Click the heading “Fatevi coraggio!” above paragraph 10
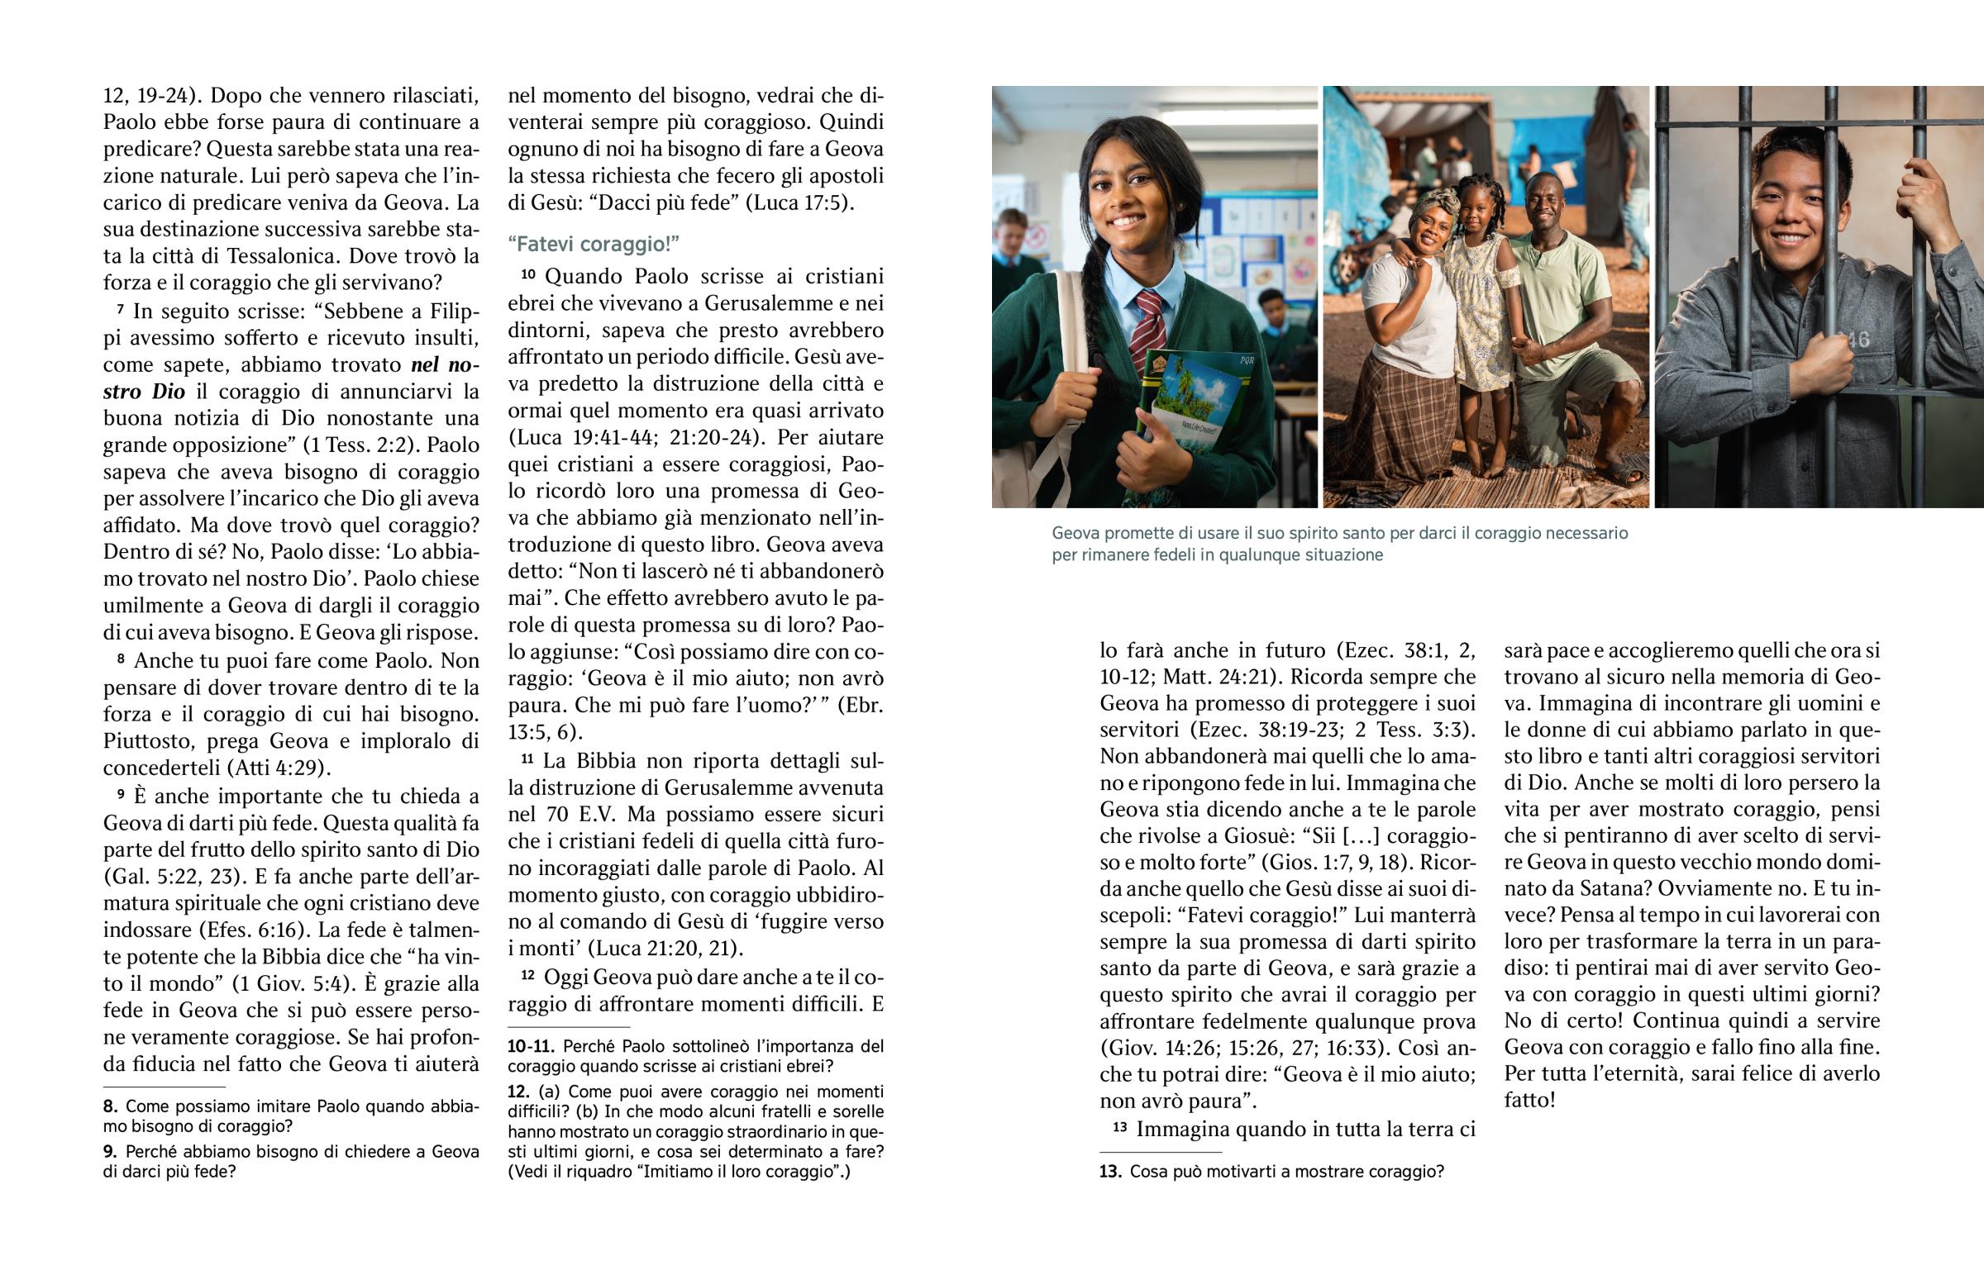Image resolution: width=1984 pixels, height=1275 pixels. click(593, 245)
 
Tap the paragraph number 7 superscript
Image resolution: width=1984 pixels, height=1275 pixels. click(121, 311)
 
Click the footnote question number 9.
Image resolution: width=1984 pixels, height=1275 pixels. click(110, 1152)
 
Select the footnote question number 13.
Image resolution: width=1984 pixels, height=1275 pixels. click(1110, 1172)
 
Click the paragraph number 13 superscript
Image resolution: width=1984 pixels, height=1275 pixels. click(1119, 1128)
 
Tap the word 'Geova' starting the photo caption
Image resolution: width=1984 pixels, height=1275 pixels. click(1074, 533)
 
